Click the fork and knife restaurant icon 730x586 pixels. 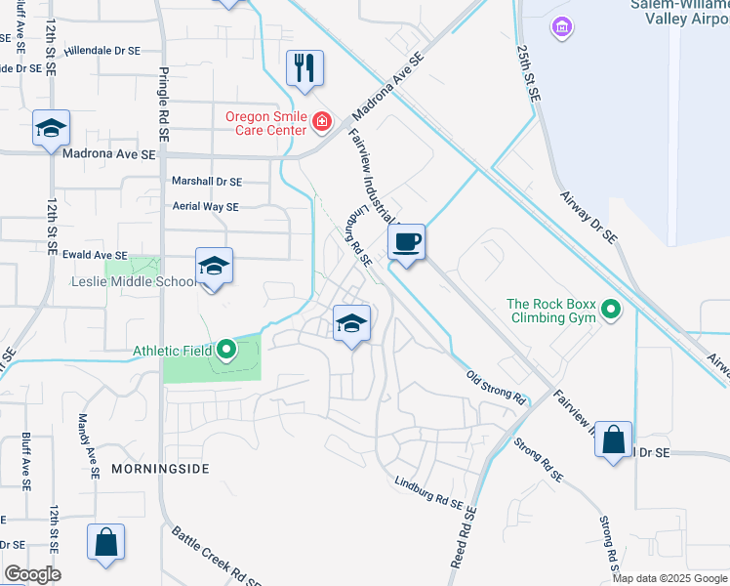click(x=304, y=68)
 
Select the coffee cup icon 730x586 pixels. click(x=406, y=240)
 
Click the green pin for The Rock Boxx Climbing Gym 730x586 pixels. click(x=611, y=311)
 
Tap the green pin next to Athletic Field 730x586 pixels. click(x=226, y=349)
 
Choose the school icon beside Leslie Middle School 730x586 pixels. click(x=214, y=266)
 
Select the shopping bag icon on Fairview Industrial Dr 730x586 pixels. click(x=614, y=439)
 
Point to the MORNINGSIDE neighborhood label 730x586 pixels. click(x=160, y=470)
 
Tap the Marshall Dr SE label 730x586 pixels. click(x=206, y=182)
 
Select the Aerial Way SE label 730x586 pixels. click(x=205, y=207)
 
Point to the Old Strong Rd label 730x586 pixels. click(x=495, y=388)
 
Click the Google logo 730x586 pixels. click(x=32, y=574)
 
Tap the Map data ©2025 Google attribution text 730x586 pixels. click(x=669, y=578)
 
